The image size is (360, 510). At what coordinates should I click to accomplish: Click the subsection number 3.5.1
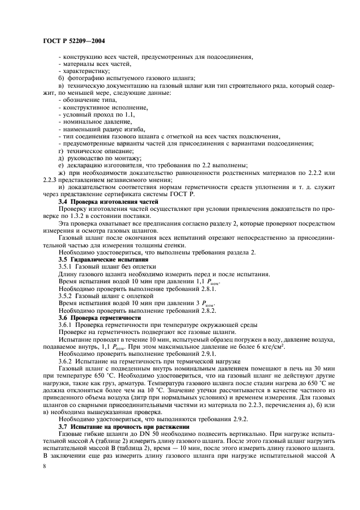pyautogui.click(x=66, y=266)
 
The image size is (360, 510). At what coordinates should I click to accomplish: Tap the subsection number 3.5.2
pyautogui.click(x=66, y=295)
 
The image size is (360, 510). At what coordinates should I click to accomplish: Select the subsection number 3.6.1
pyautogui.click(x=66, y=324)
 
